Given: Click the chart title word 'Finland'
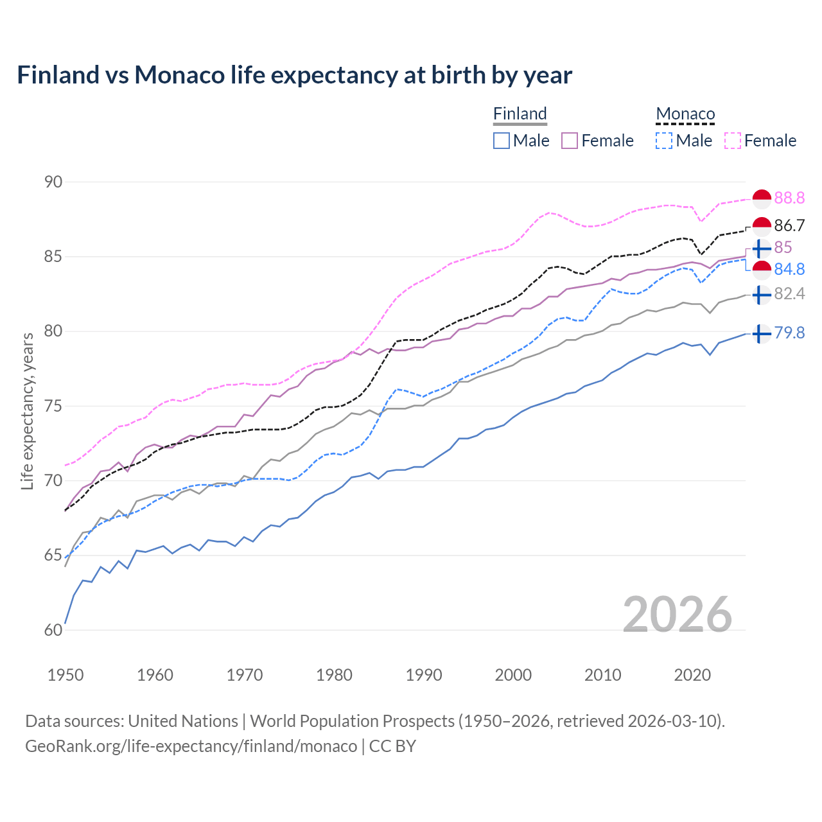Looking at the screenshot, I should tap(58, 75).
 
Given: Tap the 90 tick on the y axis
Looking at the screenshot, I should tap(53, 182).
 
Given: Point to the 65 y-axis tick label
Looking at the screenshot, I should tap(53, 555).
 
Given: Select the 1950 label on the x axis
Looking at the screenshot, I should tap(66, 675).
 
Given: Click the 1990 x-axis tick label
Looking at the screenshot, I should tap(424, 675).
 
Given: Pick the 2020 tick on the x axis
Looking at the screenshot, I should tap(692, 675).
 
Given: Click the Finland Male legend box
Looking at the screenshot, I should tap(502, 141).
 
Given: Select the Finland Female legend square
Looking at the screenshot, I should tap(570, 141).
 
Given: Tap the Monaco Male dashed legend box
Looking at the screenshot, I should tap(664, 141).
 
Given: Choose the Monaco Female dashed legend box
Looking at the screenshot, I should tap(733, 141).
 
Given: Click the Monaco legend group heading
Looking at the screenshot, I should tap(685, 114).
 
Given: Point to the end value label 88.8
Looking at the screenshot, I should tap(789, 198).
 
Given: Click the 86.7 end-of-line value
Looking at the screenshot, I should tap(789, 225).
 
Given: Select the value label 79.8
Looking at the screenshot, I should tap(789, 333).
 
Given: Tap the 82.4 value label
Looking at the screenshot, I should tap(789, 294).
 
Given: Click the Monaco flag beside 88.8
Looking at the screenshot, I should tap(762, 199).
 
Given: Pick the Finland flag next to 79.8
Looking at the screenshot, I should tap(761, 334).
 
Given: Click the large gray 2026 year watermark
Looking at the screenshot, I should tap(678, 615).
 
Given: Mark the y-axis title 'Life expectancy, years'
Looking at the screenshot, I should tap(28, 411).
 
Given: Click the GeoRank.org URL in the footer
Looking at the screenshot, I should tap(191, 746).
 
